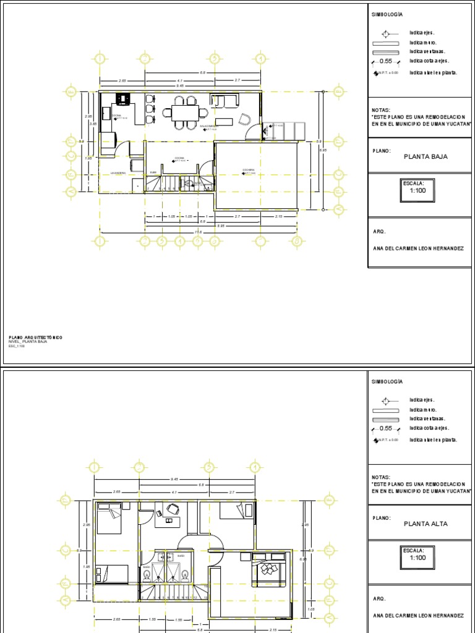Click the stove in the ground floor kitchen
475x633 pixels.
(122, 98)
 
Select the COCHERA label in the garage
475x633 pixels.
(248, 169)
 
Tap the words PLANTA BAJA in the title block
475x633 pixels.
(425, 156)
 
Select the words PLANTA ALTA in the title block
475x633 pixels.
(425, 524)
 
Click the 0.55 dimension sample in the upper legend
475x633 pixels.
(386, 61)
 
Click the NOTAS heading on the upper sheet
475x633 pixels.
(380, 111)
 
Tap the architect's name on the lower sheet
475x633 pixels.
(417, 616)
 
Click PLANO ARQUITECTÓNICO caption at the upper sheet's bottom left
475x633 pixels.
(35, 338)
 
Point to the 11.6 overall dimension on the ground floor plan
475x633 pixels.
(198, 232)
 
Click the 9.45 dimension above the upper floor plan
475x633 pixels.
(174, 479)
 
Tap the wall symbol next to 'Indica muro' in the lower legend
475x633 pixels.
(386, 410)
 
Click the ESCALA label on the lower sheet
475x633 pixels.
(413, 550)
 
